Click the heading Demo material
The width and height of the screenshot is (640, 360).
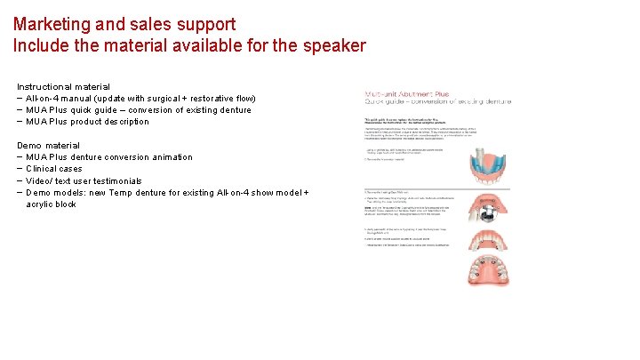48,146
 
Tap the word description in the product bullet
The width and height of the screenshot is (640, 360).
124,122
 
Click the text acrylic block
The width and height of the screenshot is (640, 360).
52,204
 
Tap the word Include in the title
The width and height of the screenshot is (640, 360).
38,45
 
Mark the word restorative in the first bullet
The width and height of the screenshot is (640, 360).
219,99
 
